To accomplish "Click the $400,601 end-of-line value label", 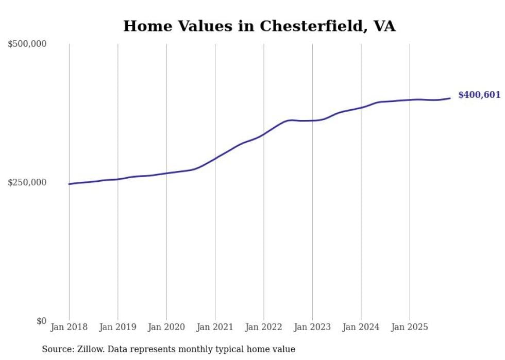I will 479,95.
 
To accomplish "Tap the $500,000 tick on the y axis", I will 27,44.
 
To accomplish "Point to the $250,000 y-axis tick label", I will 27,182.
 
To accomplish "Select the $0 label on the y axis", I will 41,321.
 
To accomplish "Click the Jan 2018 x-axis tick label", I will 69,327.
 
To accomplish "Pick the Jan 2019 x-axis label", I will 117,327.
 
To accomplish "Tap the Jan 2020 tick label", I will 166,327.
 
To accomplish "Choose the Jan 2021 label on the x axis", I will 215,327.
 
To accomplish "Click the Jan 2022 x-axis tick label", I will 264,327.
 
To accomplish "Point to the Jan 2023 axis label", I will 312,327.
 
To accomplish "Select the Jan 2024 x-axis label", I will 361,327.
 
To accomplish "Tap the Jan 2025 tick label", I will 410,327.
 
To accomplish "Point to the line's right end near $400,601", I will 450,98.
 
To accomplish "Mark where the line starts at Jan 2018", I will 69,184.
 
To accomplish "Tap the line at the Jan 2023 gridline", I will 312,121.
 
